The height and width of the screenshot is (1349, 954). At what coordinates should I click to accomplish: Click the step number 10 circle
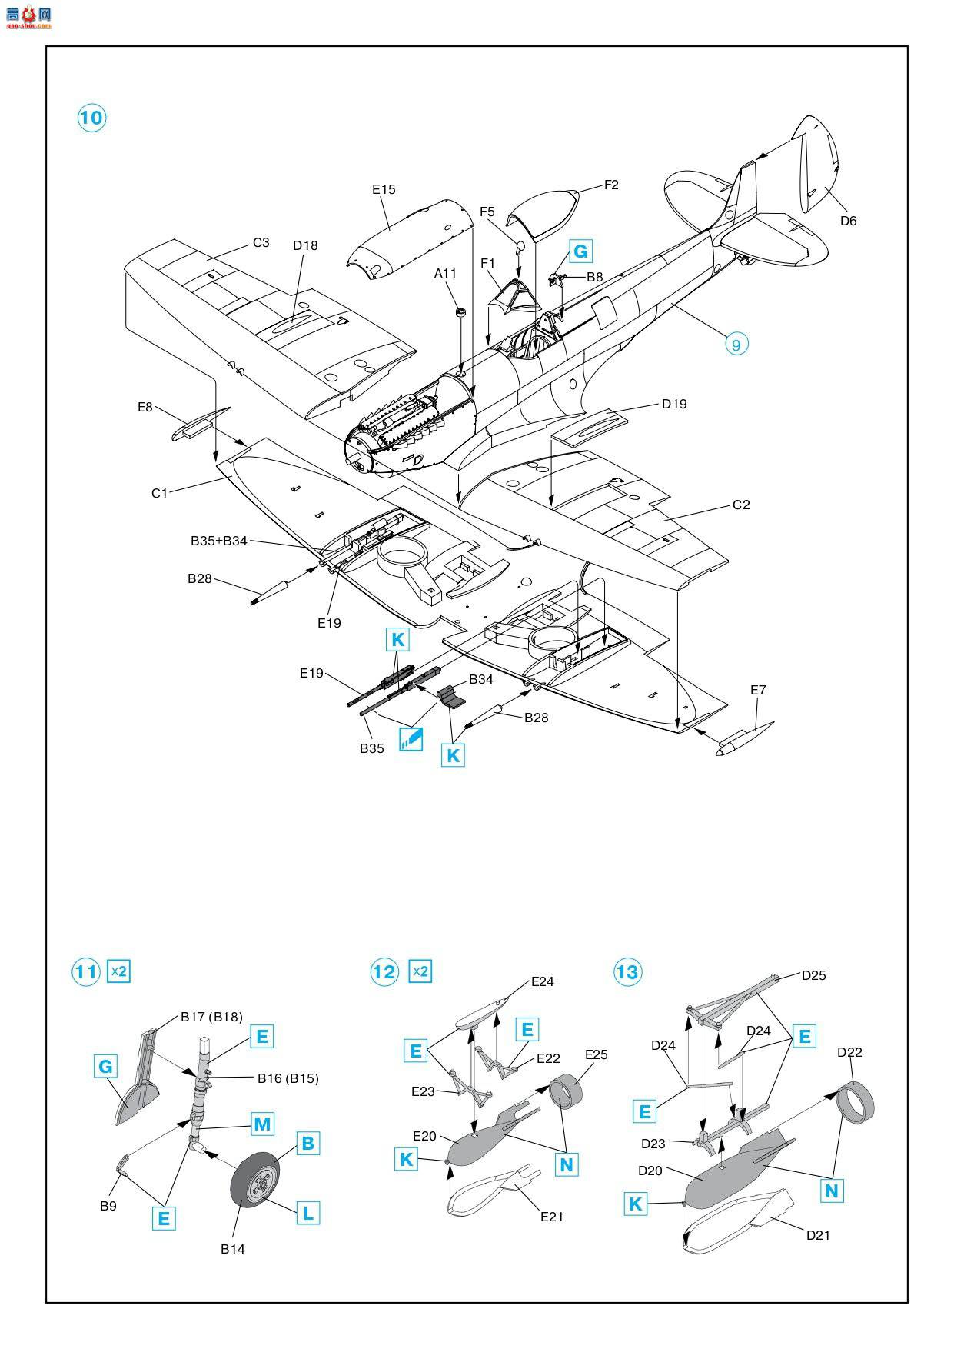(91, 118)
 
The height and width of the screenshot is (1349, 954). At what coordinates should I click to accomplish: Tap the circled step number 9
(736, 344)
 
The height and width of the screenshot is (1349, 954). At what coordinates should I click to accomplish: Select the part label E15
(384, 189)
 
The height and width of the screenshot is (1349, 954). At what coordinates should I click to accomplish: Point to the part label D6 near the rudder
(848, 221)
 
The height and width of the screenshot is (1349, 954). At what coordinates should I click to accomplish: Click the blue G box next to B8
(580, 251)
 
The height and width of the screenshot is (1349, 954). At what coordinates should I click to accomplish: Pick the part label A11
(445, 273)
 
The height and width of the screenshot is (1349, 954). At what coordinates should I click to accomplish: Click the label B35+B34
(219, 541)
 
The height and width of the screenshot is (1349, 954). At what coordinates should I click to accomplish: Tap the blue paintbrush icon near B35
(411, 738)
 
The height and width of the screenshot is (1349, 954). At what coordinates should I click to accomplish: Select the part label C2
(741, 505)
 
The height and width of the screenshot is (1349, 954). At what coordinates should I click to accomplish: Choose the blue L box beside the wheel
(307, 1214)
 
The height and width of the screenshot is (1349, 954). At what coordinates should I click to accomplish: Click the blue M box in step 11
(262, 1124)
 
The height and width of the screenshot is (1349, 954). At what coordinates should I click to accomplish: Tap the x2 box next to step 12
(420, 971)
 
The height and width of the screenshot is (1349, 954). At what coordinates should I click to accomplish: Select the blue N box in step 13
(832, 1191)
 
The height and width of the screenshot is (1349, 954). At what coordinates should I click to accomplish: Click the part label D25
(813, 975)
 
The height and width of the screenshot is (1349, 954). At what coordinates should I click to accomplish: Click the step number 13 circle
(627, 972)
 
